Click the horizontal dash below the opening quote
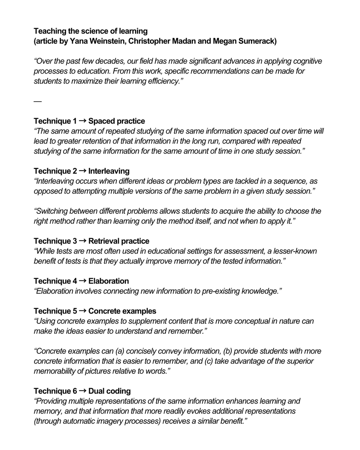point(37,101)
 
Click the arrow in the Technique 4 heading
point(83,281)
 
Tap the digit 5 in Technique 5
point(75,311)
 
